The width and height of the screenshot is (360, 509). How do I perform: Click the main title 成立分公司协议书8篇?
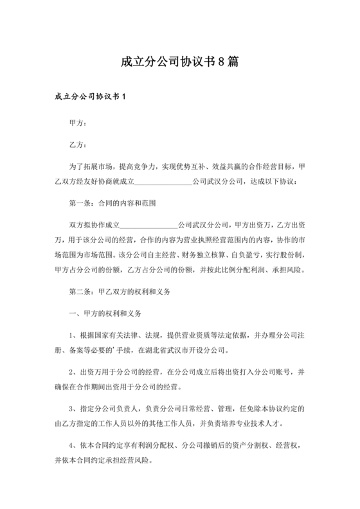pos(179,62)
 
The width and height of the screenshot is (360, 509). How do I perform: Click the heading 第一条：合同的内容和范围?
pos(113,202)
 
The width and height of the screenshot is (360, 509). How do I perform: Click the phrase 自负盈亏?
pos(244,254)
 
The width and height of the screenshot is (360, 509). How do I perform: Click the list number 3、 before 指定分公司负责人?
pos(74,409)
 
